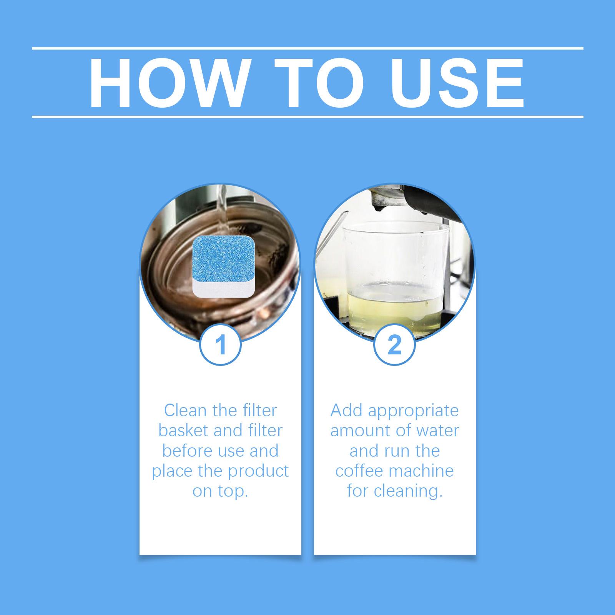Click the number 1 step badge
point(220,345)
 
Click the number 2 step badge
point(395,345)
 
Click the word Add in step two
point(347,411)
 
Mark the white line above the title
point(307,48)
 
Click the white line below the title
point(307,116)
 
